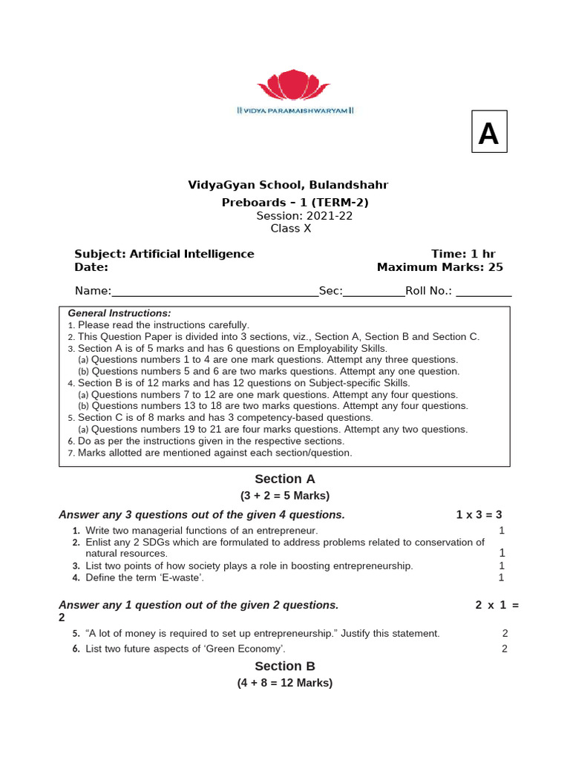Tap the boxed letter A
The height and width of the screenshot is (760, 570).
(x=489, y=132)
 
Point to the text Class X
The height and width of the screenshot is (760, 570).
(x=291, y=229)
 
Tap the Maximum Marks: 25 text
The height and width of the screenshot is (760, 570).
(x=439, y=267)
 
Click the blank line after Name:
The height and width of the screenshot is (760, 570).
(x=214, y=291)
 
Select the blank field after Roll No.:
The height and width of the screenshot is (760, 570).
(x=483, y=291)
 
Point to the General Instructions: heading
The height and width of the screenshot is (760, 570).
(x=119, y=313)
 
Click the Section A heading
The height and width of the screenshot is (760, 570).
(x=285, y=479)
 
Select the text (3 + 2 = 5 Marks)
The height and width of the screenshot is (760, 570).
(x=285, y=496)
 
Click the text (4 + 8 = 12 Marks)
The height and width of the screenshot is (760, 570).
(x=285, y=683)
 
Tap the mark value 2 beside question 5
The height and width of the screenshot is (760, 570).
(x=505, y=633)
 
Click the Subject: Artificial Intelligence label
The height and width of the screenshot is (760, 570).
(x=164, y=254)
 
